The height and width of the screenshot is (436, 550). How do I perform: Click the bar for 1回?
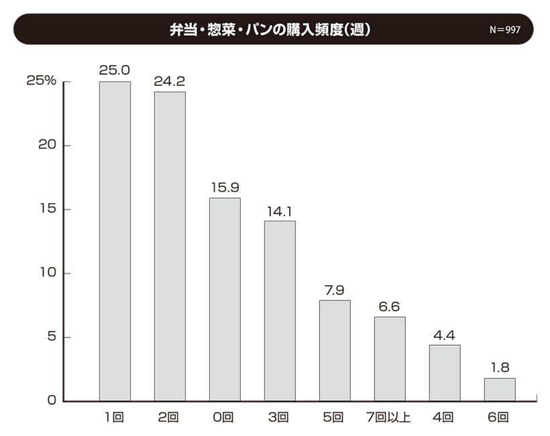click(115, 241)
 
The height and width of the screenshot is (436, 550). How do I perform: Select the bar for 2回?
click(170, 246)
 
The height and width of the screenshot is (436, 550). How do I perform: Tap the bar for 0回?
click(225, 299)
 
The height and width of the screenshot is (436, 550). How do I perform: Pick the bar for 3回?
click(280, 311)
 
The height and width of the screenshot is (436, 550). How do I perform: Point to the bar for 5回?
click(335, 350)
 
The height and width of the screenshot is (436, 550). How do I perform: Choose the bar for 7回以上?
click(390, 359)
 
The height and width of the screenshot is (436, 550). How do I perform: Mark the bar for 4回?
click(445, 373)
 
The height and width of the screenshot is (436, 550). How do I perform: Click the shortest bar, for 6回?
click(500, 390)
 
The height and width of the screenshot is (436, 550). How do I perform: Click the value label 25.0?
click(115, 70)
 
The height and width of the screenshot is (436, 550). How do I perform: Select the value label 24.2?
click(170, 81)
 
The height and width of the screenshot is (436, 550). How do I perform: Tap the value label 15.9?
click(225, 186)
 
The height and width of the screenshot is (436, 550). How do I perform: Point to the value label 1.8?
click(500, 367)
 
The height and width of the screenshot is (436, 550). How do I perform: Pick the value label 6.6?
click(390, 306)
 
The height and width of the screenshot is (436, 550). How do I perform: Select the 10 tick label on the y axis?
click(46, 274)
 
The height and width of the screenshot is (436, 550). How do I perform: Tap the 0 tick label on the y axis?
click(50, 401)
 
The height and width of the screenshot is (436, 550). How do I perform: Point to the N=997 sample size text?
click(505, 30)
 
